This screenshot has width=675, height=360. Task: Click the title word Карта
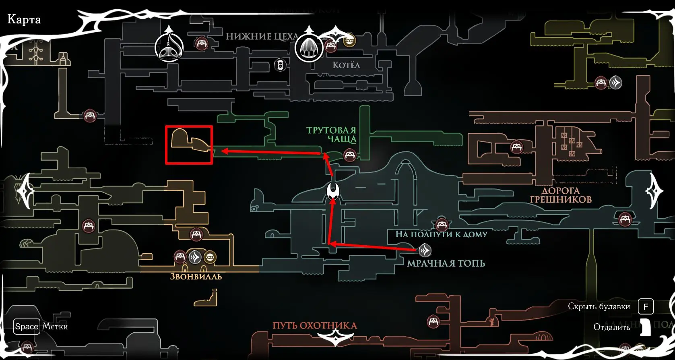coord(24,19)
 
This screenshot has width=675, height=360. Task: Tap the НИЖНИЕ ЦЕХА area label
coord(262,37)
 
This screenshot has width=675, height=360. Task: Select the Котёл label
coord(346,65)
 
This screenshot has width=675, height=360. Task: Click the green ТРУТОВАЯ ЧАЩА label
coord(331,134)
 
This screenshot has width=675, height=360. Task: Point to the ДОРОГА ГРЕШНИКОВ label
coord(561,195)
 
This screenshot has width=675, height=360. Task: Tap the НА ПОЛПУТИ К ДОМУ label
coord(441,234)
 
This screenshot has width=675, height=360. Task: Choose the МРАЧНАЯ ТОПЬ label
coord(446,263)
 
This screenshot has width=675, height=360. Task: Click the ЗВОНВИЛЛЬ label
coord(196,277)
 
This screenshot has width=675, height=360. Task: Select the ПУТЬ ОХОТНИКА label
coord(315,325)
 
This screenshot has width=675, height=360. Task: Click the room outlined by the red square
coord(189,145)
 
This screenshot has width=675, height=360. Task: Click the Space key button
coord(27,327)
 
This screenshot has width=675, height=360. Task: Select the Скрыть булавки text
coord(599,306)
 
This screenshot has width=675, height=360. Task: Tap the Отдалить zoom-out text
coord(611,327)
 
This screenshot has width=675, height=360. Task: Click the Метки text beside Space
coord(55,327)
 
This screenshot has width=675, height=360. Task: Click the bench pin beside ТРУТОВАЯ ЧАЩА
coord(349,155)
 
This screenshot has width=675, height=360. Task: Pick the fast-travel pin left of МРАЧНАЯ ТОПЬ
coord(424,250)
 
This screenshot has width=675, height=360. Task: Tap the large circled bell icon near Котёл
coord(309,48)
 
